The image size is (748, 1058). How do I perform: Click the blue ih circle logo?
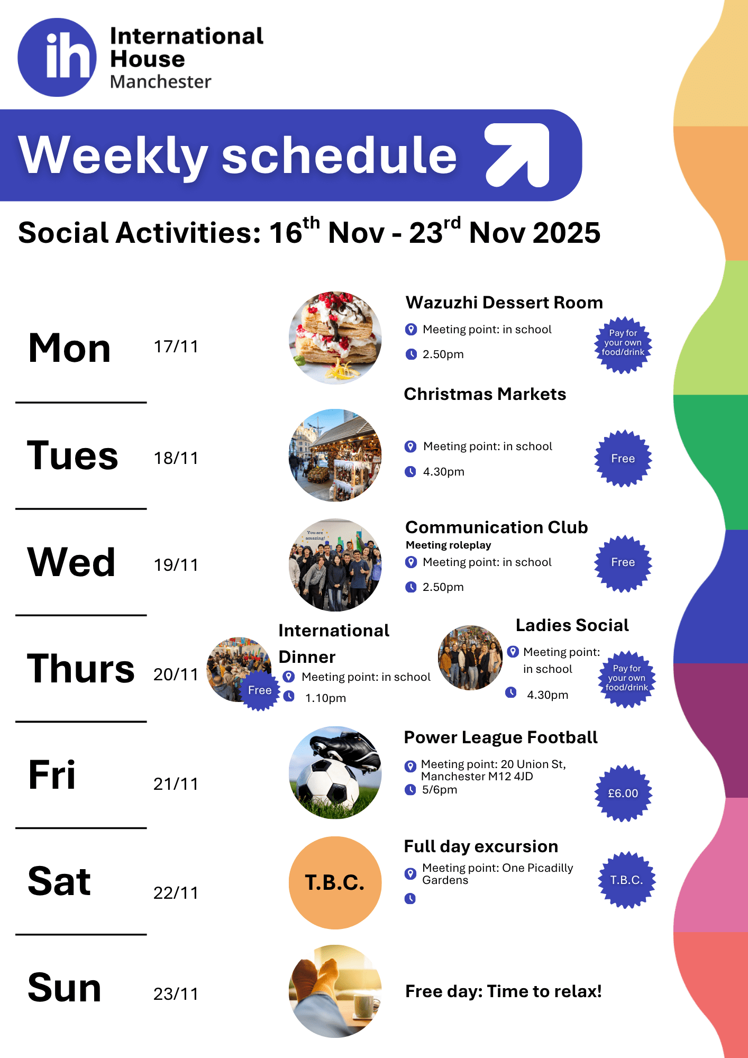tap(57, 57)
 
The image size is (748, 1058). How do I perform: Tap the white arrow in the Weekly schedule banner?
tap(518, 155)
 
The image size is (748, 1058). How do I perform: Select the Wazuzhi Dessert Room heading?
tap(504, 303)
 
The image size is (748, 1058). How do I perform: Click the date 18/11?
tap(176, 458)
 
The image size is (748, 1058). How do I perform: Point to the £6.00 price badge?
tap(623, 793)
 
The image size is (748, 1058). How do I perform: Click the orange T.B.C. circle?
tap(335, 882)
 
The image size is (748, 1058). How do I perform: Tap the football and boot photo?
tap(335, 773)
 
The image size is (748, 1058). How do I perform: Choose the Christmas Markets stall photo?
tap(335, 455)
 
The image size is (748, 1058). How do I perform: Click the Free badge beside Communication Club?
tap(623, 562)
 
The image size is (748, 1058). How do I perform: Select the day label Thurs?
tap(81, 669)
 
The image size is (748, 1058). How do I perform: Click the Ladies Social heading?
tap(572, 625)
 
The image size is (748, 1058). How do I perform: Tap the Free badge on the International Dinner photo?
tap(260, 690)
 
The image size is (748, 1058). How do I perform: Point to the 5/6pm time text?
tap(440, 790)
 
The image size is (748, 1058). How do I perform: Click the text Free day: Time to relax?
tap(504, 991)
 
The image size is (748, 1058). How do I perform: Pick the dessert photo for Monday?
tap(335, 338)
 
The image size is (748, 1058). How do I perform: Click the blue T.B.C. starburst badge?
tap(627, 880)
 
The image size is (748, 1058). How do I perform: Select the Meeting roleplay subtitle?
tap(449, 545)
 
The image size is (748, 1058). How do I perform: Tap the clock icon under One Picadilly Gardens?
tap(410, 898)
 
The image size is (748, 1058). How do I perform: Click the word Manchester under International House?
tap(161, 82)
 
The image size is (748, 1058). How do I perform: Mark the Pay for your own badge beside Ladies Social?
tap(627, 679)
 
